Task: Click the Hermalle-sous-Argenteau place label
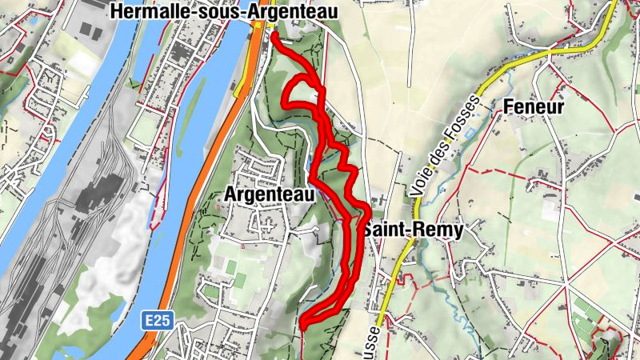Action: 223,11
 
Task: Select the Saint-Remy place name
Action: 414,230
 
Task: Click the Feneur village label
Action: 534,107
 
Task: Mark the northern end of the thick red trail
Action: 274,36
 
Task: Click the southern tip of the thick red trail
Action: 303,324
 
